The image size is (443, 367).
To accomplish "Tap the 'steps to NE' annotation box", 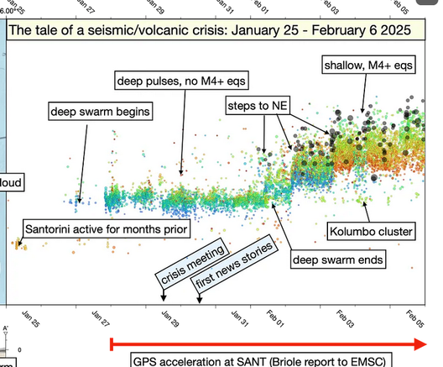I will tap(257, 105).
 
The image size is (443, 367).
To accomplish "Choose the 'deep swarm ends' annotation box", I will tap(338, 260).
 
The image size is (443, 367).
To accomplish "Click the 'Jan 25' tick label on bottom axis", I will tap(32, 319).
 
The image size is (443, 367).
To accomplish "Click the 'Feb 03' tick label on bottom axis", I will tap(345, 320).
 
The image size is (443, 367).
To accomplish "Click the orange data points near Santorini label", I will tap(18, 245).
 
